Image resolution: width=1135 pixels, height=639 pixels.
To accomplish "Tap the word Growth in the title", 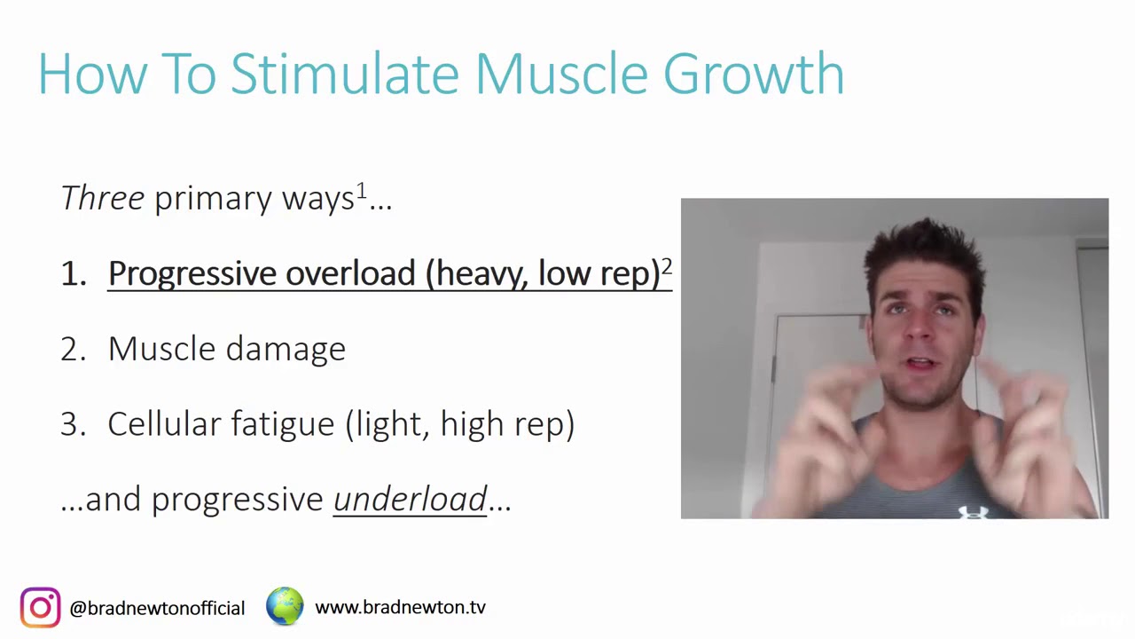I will [754, 74].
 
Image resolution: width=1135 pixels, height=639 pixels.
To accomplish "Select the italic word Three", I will [102, 198].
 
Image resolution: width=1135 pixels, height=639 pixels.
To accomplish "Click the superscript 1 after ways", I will [361, 191].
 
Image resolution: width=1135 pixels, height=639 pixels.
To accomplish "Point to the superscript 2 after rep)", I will [667, 266].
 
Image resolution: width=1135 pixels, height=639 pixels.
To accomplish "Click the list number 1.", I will [71, 273].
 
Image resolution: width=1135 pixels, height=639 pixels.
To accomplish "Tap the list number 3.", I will [71, 424].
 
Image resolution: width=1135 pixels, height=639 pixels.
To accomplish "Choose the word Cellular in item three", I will [164, 424].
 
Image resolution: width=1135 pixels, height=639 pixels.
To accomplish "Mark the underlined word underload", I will [410, 500].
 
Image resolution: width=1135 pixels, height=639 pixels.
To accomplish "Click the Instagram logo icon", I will [40, 608].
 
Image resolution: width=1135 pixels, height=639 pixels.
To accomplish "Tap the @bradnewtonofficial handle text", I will [157, 609].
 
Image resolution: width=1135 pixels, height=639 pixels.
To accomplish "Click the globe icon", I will [285, 606].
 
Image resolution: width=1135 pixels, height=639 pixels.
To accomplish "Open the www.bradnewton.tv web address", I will [400, 608].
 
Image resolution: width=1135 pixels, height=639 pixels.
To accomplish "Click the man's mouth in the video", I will [920, 364].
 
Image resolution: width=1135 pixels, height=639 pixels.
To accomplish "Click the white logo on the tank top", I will [972, 511].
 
